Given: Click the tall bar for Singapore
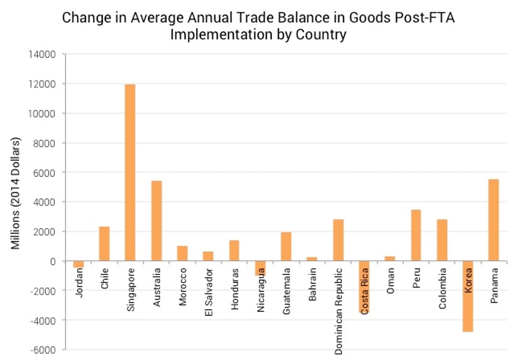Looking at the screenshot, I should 130,173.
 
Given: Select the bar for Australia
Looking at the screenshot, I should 156,221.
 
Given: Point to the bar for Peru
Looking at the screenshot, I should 416,235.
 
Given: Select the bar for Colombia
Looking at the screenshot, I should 442,240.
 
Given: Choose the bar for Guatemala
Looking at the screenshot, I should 286,247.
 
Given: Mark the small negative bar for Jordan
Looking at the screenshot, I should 78,264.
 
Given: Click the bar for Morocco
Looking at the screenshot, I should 182,254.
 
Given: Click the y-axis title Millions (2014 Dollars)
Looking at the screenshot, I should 16,193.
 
